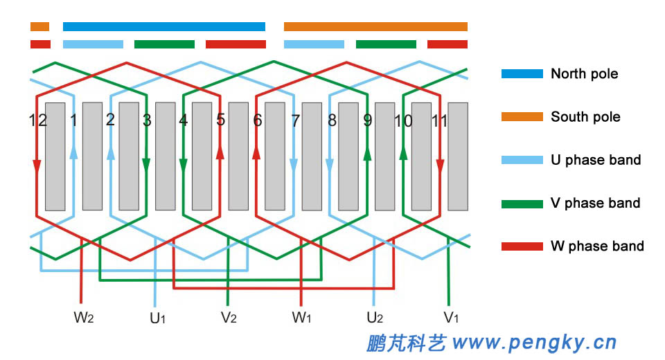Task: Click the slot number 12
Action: pyautogui.click(x=38, y=120)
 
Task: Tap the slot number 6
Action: pyautogui.click(x=258, y=120)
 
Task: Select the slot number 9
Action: pyautogui.click(x=368, y=120)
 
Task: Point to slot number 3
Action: pyautogui.click(x=147, y=120)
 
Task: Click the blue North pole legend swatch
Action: pyautogui.click(x=522, y=73)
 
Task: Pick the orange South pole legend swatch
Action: pyautogui.click(x=522, y=116)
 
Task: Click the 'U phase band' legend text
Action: pyautogui.click(x=596, y=160)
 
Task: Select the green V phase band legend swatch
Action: pyautogui.click(x=522, y=204)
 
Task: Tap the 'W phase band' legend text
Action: pyautogui.click(x=597, y=246)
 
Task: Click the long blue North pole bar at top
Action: pyautogui.click(x=163, y=27)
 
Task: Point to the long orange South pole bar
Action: pyautogui.click(x=375, y=27)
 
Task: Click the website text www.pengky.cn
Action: pyautogui.click(x=533, y=341)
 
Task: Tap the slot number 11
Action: pyautogui.click(x=438, y=120)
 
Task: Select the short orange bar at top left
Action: pyautogui.click(x=39, y=27)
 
